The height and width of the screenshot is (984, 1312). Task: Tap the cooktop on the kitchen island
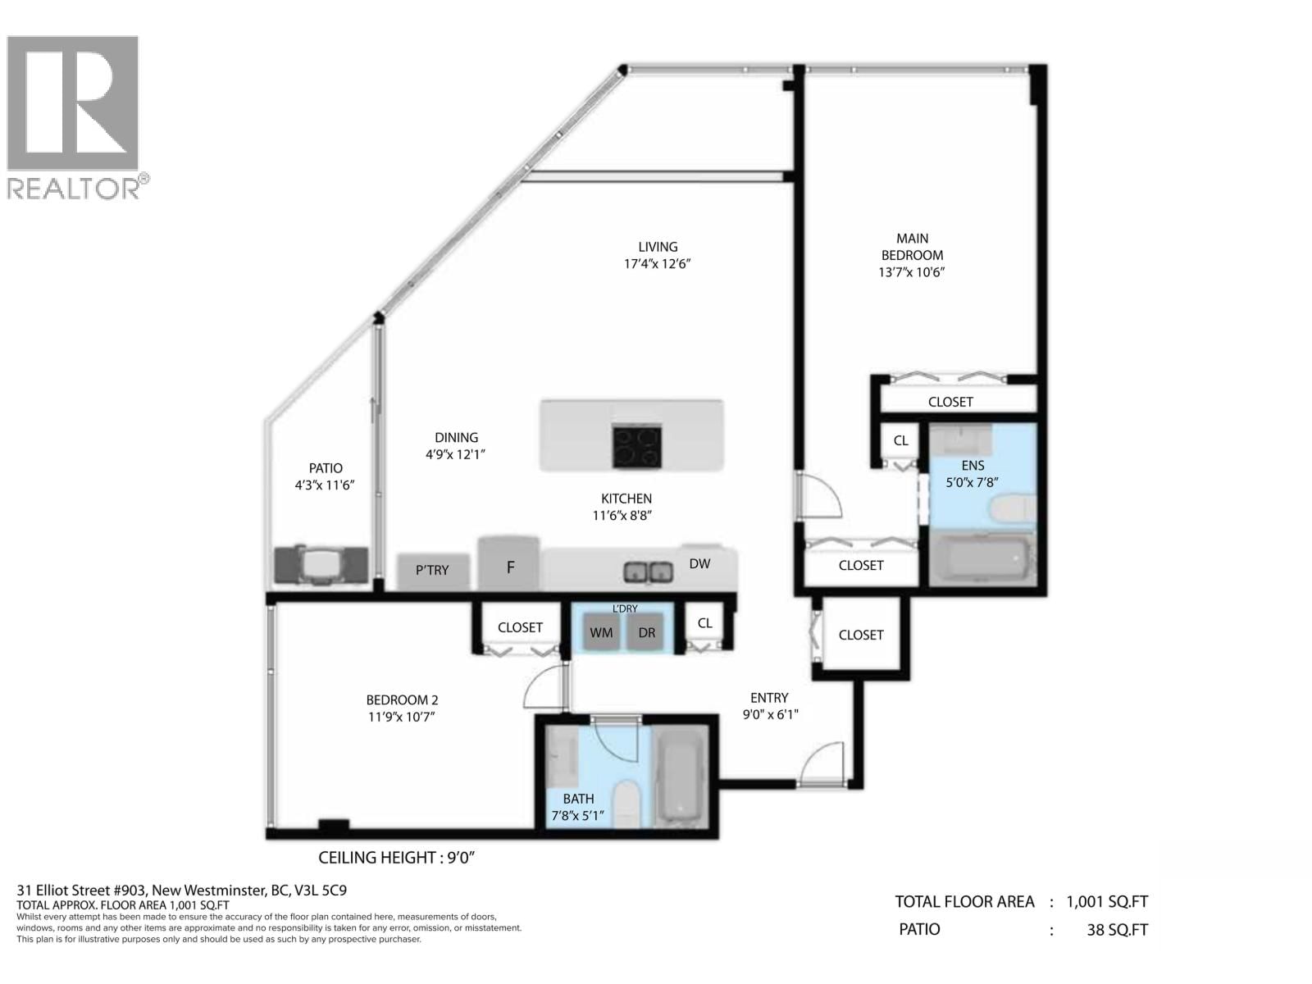coord(636,446)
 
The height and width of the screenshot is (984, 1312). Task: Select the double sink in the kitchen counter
coord(648,572)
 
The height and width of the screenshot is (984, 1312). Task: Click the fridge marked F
coord(508,563)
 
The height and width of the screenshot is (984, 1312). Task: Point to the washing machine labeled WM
coord(601,631)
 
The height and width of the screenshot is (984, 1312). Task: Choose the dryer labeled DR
coord(645,631)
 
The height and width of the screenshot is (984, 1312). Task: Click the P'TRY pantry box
coord(433,572)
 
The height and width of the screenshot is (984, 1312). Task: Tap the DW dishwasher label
coord(699,563)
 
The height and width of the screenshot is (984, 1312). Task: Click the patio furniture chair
coord(321,564)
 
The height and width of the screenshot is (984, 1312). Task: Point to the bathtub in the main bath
coord(681,777)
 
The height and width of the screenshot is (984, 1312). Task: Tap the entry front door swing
coord(822,763)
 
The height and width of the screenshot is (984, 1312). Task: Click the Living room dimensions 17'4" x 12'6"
coord(658,263)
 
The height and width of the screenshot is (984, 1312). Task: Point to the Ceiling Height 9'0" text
coord(396,858)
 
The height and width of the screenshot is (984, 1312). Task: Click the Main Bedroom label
coord(912,247)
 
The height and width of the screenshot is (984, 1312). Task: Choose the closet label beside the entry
coord(861,635)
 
